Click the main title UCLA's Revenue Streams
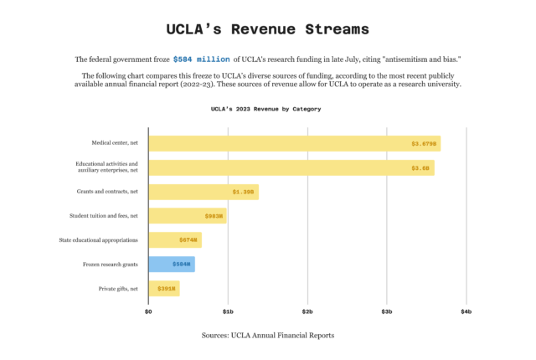tap(267, 29)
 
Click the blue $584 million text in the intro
tap(201, 59)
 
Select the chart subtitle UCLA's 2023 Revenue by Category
tap(265, 109)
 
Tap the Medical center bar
tap(294, 144)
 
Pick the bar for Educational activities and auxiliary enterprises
tap(291, 167)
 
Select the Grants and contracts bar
tap(204, 192)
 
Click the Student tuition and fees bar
tap(187, 216)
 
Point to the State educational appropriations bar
tap(175, 240)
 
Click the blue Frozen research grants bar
tap(172, 265)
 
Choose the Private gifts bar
tap(164, 289)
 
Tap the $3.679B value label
tap(424, 144)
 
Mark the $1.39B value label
tap(243, 193)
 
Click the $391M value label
tap(165, 289)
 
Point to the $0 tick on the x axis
tap(149, 311)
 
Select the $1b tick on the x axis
tap(228, 311)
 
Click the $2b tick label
tap(307, 311)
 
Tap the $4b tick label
tap(466, 311)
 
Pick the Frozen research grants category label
tap(111, 265)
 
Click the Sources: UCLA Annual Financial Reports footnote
tap(267, 335)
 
